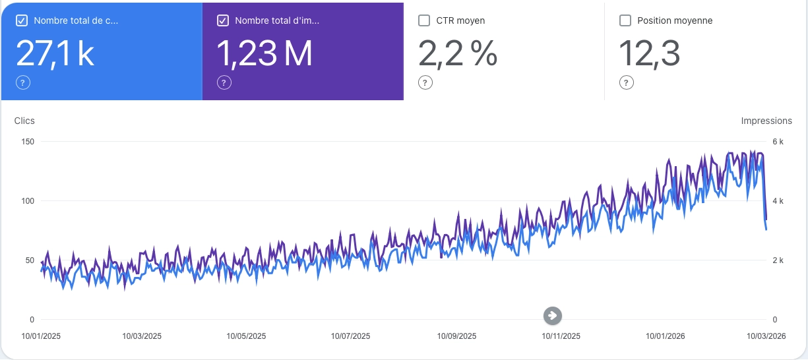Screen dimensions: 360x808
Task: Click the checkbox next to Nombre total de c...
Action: coord(22,20)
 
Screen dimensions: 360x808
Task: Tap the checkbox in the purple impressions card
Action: coord(223,20)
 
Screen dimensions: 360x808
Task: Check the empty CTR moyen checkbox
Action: coord(425,20)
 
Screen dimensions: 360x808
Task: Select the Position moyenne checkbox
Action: coord(625,20)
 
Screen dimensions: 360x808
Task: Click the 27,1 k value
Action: coord(55,53)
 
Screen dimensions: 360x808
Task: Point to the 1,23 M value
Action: coord(264,53)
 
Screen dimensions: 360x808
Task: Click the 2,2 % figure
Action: coord(458,53)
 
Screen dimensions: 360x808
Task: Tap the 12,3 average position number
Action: coord(649,53)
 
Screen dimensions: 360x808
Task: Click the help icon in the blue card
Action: coord(22,82)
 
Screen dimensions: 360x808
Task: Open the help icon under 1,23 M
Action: coord(224,82)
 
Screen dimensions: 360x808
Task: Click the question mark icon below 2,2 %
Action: coord(425,82)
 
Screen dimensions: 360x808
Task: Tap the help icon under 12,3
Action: coord(626,82)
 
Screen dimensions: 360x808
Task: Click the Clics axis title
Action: coord(24,121)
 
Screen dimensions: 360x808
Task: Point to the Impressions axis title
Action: coord(766,121)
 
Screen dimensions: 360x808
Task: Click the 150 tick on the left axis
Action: coord(28,142)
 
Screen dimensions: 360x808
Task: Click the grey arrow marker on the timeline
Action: coord(553,316)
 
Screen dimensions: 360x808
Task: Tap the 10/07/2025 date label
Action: coord(350,336)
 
